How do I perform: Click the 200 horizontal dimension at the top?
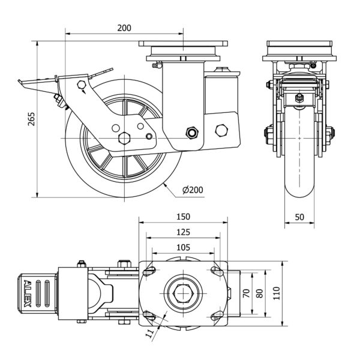(124, 28)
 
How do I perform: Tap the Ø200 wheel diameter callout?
(192, 190)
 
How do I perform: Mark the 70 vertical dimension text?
(246, 293)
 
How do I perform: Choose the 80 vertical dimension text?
(260, 293)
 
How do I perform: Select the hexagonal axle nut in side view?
(125, 137)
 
